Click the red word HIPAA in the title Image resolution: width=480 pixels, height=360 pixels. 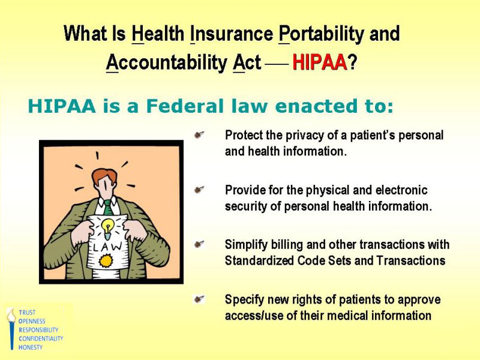coord(320,62)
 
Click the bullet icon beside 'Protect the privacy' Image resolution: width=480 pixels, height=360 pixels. coord(200,136)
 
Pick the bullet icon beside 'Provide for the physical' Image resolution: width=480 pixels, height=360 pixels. coord(200,190)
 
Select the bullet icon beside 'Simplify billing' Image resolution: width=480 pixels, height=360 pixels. coord(200,245)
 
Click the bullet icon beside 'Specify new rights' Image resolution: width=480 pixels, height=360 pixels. coord(200,299)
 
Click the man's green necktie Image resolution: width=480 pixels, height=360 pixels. coord(108,207)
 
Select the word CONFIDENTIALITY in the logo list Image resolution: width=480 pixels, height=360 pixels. coord(41,338)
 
